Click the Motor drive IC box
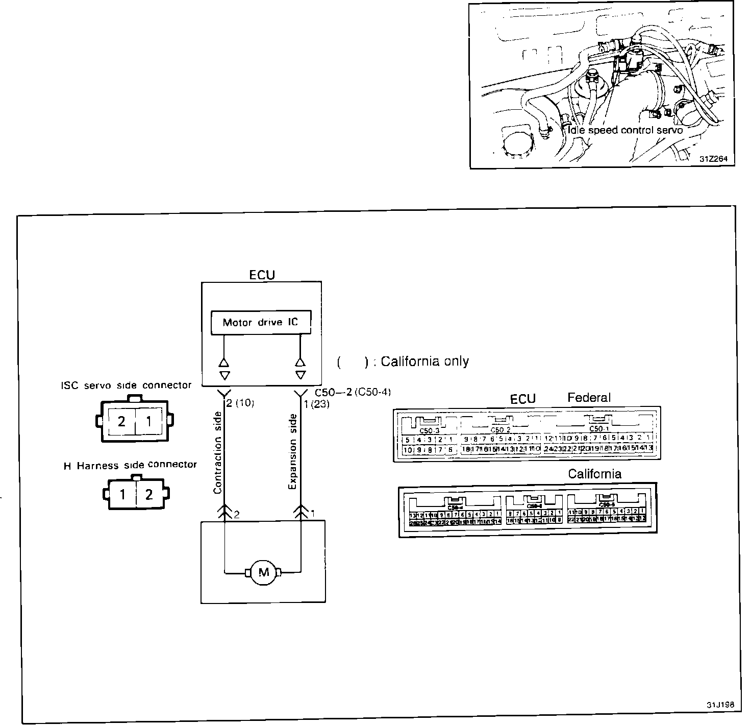tap(261, 322)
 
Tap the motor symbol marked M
tap(263, 572)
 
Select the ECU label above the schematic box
tap(262, 275)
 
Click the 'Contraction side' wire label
tap(218, 452)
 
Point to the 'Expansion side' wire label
tap(292, 451)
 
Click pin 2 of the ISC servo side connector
tap(121, 422)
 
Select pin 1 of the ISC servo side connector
tap(149, 422)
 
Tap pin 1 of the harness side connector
tap(122, 495)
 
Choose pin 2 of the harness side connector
tap(149, 495)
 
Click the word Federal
tap(589, 397)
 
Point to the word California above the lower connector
tap(595, 474)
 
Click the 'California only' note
tap(403, 361)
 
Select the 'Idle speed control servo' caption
tap(625, 130)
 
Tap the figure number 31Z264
tap(713, 159)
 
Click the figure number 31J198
tap(720, 705)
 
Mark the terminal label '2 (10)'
tap(240, 403)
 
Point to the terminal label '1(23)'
tap(317, 404)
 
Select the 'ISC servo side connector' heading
tap(126, 385)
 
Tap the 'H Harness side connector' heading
tap(130, 465)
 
